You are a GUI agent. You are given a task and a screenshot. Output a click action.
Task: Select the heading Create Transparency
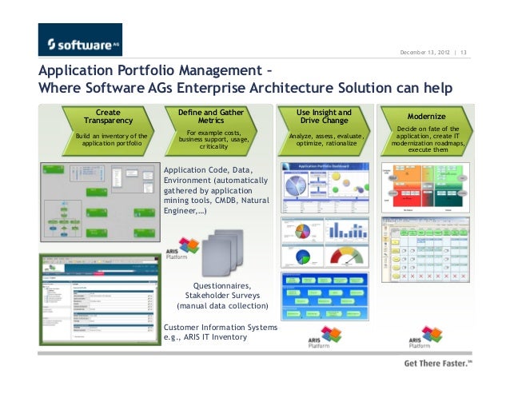(109, 117)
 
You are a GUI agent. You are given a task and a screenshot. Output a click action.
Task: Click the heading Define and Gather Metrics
(211, 117)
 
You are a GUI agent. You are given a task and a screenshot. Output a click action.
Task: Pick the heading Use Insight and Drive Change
(323, 117)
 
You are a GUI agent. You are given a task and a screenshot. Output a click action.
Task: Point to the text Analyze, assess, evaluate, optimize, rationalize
(323, 141)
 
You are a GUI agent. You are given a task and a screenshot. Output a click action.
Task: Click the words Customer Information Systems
(220, 327)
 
